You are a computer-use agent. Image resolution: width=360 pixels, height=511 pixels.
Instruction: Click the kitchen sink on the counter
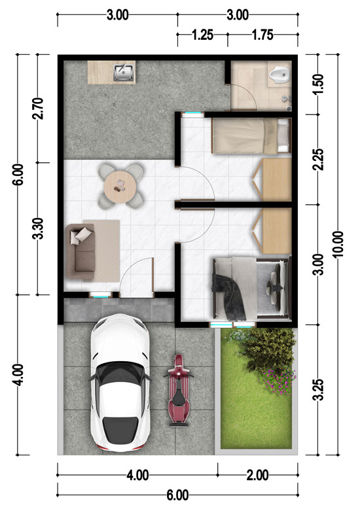point(123,73)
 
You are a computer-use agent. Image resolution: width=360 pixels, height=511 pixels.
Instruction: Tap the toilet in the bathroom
point(279,75)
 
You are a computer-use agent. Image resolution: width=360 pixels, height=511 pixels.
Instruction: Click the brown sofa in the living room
point(81,251)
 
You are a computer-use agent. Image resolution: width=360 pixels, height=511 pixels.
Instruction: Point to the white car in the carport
point(120,383)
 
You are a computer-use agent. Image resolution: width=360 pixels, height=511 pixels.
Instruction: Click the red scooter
point(179,391)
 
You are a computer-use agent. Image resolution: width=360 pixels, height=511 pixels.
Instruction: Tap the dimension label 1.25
point(202,35)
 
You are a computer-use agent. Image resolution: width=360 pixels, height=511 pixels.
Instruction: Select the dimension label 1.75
point(262,35)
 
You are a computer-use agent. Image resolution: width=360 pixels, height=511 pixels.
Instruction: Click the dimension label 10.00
point(338,244)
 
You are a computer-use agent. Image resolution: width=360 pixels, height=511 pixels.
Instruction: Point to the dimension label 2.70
point(38,108)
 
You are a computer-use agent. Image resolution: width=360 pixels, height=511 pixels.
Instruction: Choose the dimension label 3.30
point(38,228)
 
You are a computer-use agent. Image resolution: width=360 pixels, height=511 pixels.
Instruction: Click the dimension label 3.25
point(318,389)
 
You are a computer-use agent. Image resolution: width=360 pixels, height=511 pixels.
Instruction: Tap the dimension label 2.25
point(318,160)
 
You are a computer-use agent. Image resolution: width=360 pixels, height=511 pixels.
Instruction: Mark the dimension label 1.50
point(318,84)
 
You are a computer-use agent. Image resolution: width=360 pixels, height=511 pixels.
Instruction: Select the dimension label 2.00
point(258,476)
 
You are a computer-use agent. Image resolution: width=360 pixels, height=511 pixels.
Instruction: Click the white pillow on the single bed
point(283,135)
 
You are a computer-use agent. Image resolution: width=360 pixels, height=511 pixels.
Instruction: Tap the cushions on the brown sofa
point(81,235)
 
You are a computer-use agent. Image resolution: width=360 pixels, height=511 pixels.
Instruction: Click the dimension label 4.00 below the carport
point(138,476)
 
